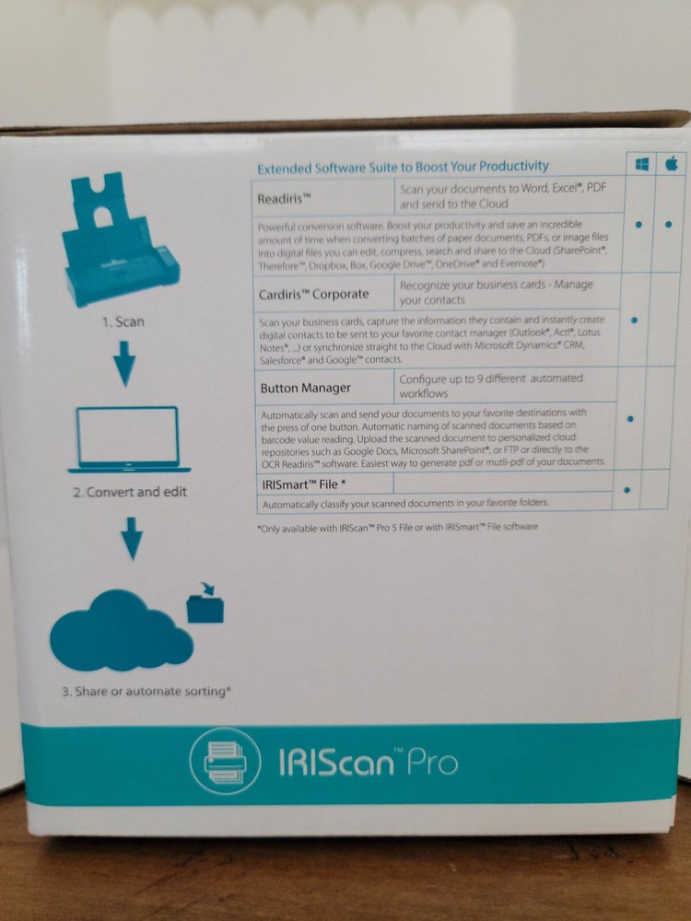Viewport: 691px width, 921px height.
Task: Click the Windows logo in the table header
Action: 641,164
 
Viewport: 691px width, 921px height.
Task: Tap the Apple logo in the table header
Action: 672,164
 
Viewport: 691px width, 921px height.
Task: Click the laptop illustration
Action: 128,436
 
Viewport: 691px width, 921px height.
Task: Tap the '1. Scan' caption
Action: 123,322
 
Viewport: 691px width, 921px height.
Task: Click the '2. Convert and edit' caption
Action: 130,492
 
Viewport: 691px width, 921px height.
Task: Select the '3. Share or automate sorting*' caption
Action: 146,691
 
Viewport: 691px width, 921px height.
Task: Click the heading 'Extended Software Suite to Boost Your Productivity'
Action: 403,168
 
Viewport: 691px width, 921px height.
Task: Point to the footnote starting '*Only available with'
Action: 398,527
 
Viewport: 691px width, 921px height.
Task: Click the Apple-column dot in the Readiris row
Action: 669,224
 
